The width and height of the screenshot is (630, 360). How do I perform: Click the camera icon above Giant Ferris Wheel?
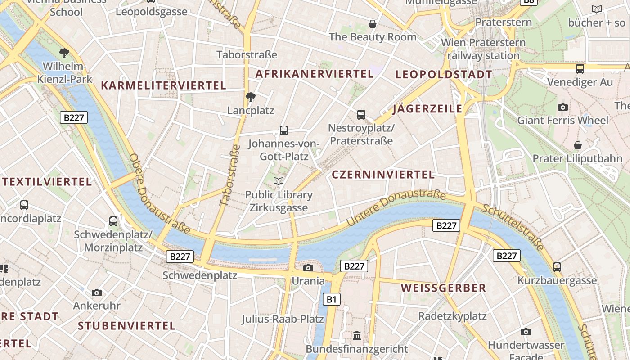tap(562, 107)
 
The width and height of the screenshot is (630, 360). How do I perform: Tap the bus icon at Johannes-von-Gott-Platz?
tap(283, 130)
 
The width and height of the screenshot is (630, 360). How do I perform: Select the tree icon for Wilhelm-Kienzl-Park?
tap(64, 53)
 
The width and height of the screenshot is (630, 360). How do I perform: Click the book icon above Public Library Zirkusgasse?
tap(279, 181)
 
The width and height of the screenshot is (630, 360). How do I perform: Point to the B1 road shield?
tap(331, 299)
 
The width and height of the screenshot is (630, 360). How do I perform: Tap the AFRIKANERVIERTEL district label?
tap(315, 74)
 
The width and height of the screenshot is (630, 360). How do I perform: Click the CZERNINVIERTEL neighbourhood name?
tap(383, 175)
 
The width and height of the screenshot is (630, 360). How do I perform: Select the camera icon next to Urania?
tap(308, 268)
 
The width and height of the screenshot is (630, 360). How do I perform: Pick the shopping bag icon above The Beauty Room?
tap(373, 23)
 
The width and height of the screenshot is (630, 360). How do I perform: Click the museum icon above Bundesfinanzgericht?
tap(357, 335)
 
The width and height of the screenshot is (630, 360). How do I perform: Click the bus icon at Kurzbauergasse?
tap(557, 267)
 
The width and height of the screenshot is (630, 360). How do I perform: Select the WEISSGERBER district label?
tap(443, 288)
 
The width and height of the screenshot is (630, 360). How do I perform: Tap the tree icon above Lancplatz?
tap(251, 97)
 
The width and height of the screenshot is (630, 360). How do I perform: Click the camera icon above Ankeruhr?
tap(97, 292)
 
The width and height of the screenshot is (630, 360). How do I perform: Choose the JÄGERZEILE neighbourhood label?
tap(427, 108)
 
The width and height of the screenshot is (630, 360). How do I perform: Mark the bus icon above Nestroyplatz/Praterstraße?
tap(361, 114)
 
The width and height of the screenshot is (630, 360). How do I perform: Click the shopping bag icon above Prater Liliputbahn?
tap(578, 145)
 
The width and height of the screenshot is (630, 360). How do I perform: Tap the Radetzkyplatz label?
tap(452, 316)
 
